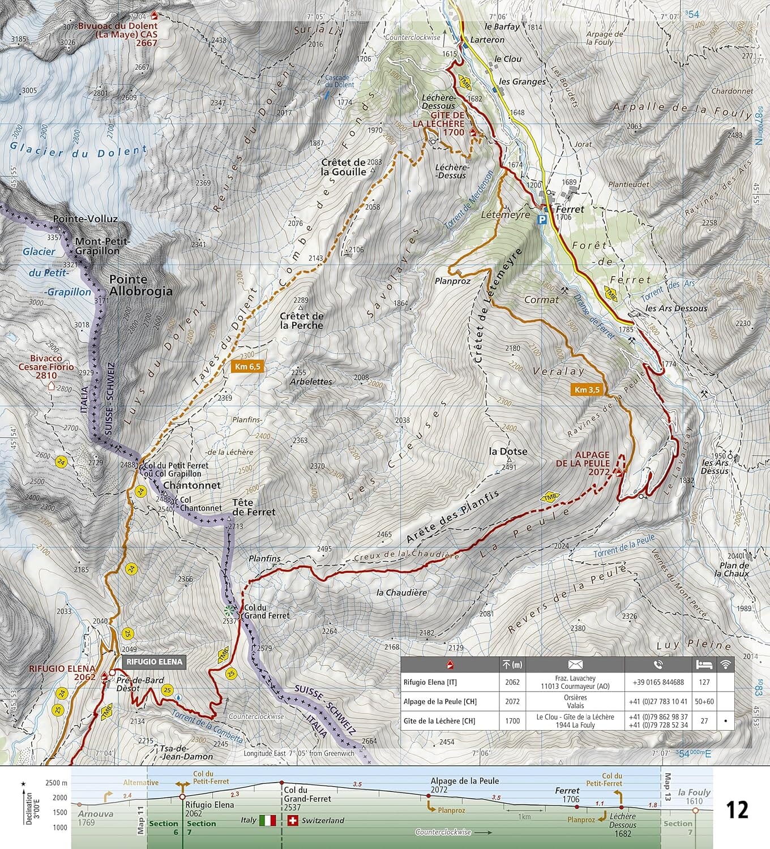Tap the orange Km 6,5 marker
[x=247, y=367]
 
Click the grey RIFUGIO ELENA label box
[x=154, y=662]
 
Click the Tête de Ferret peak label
[x=254, y=507]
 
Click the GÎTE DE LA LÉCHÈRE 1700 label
[x=438, y=123]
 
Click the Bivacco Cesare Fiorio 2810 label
[x=52, y=367]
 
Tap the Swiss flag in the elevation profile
[x=293, y=820]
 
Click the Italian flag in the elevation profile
[x=267, y=820]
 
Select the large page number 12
[x=737, y=810]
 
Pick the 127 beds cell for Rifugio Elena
[x=704, y=682]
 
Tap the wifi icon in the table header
[x=725, y=664]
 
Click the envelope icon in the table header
[x=575, y=664]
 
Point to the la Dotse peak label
[x=508, y=451]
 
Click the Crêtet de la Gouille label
[x=343, y=167]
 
